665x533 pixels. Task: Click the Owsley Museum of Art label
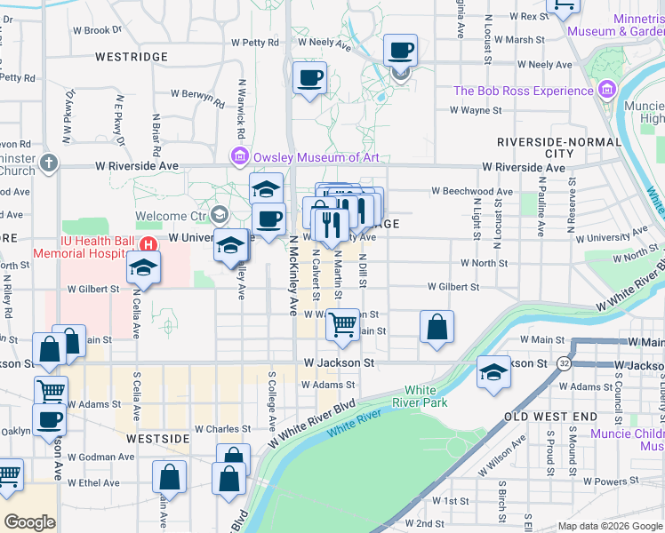[316, 157]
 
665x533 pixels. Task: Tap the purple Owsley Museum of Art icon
[239, 157]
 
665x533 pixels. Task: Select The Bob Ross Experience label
[523, 91]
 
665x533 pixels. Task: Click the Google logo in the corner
[29, 522]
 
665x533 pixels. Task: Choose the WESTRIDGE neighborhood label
[132, 56]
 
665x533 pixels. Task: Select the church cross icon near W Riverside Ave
[48, 164]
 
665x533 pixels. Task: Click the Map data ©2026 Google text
[610, 526]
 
